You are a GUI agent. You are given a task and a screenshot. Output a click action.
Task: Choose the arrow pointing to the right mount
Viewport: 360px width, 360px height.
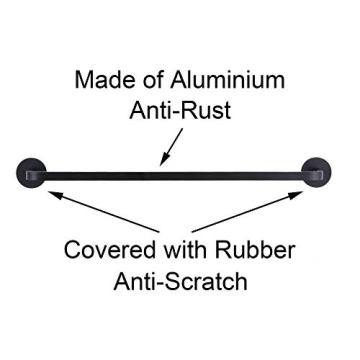250,211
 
